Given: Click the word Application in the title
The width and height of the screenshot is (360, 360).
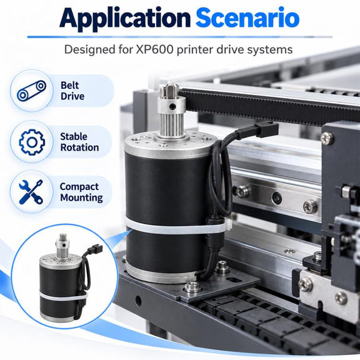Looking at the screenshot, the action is pos(125,19).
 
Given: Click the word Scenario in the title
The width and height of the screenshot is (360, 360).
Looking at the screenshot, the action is pos(247,17).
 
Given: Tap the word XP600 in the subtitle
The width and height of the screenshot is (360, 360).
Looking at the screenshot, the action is pos(154,49).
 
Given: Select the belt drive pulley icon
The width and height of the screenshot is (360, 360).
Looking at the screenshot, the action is pos(32,90).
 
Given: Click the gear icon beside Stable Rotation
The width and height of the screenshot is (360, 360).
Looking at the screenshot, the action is pos(32,142).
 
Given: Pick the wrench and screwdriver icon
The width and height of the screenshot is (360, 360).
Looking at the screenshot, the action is pos(31,192).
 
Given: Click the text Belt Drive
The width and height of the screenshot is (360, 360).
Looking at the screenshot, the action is pos(72,91).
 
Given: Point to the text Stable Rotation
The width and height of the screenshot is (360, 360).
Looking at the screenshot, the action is pos(79,142).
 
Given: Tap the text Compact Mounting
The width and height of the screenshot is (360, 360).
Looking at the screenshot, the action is pos(81,192).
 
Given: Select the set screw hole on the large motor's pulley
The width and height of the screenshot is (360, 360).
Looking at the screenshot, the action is pos(172,106).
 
